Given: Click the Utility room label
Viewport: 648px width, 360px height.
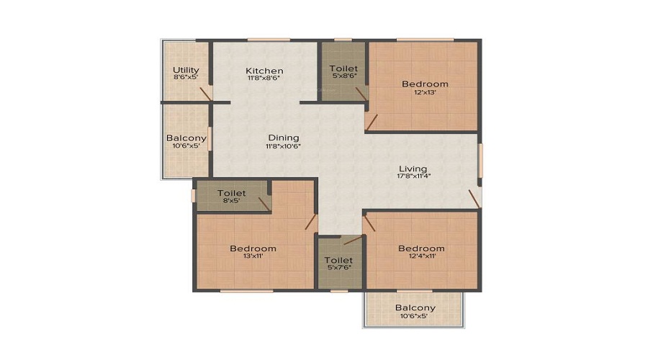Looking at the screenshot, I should pyautogui.click(x=185, y=69).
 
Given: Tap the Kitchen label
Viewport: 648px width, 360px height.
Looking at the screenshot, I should pyautogui.click(x=264, y=71).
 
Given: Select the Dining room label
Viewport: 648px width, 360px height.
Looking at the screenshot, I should pyautogui.click(x=283, y=138).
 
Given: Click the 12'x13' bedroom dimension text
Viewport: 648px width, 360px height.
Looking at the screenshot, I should pyautogui.click(x=424, y=93).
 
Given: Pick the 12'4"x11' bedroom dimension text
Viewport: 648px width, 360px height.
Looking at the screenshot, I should pyautogui.click(x=421, y=257).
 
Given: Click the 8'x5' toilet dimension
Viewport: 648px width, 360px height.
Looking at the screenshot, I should pyautogui.click(x=231, y=202).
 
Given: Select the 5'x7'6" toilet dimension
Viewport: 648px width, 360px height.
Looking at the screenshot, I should pyautogui.click(x=338, y=269).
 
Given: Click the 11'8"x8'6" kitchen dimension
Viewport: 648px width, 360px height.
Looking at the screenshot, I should pyautogui.click(x=264, y=78).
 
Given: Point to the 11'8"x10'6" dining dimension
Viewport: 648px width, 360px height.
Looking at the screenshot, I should pyautogui.click(x=283, y=146).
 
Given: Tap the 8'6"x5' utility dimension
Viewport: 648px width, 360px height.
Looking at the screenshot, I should pyautogui.click(x=185, y=77).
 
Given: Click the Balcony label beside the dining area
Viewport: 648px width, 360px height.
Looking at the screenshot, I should pyautogui.click(x=186, y=138).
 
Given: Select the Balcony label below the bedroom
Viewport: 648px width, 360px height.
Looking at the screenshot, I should pyautogui.click(x=415, y=307).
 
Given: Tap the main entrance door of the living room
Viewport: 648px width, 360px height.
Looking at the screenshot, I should pyautogui.click(x=474, y=199).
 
